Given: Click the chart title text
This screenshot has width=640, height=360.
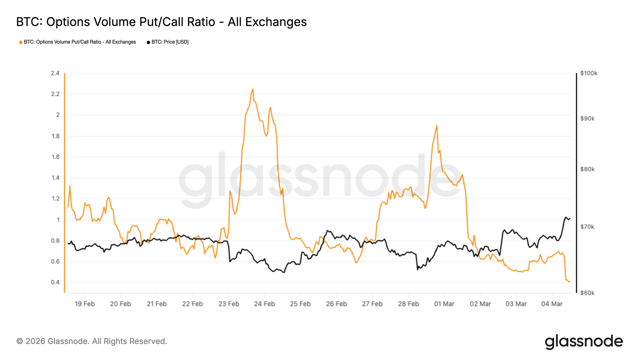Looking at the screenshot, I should point(161,22).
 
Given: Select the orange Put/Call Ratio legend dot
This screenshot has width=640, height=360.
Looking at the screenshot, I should point(21,42).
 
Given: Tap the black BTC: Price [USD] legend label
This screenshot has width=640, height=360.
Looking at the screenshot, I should point(170,42).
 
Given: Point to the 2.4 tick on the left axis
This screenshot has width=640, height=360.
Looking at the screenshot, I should point(55,73).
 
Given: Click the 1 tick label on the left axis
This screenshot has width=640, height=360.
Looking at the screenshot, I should point(58,220).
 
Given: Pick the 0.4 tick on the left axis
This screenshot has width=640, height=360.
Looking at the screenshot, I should point(55,282).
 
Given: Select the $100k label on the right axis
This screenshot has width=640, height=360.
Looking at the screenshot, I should point(588,73).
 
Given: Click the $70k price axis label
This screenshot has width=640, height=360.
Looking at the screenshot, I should point(587,227).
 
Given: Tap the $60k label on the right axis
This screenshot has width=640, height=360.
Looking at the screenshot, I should point(587,293).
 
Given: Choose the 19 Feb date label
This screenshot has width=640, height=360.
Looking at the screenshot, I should point(84,304).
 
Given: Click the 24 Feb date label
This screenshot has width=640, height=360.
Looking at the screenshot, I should point(264,304).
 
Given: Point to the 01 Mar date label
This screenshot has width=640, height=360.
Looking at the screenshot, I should point(444,304).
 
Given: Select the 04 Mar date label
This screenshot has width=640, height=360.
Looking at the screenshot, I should point(552,304).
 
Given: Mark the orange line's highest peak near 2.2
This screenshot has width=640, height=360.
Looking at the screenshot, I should point(253,89).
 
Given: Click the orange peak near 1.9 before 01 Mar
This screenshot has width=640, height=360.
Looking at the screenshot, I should point(436,126).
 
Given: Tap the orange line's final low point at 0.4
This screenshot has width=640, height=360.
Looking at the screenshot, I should point(569,282).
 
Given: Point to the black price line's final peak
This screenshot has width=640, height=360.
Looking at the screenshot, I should point(565,217).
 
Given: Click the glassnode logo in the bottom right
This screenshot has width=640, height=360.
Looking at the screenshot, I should point(584,341).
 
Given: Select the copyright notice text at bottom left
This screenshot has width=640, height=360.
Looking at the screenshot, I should point(92,341).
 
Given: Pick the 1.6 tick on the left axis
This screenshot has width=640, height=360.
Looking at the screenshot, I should point(55,157).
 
